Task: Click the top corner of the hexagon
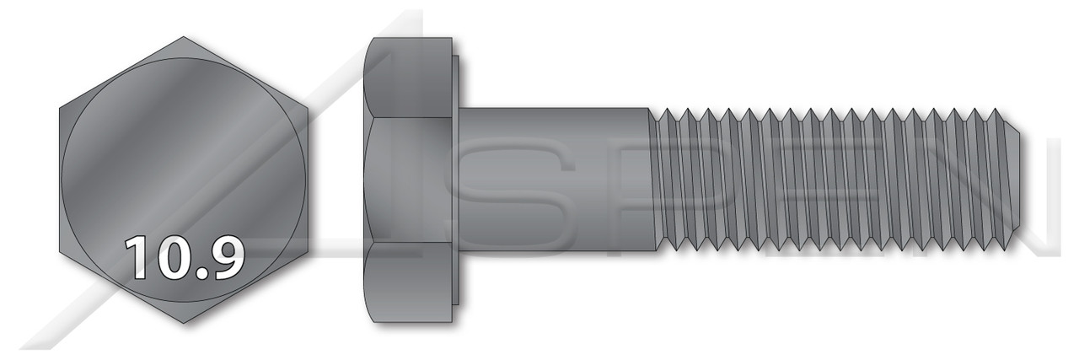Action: click(184, 36)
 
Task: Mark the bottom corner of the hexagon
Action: click(184, 323)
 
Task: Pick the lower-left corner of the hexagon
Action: click(60, 251)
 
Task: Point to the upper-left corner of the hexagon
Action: click(60, 108)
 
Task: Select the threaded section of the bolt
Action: click(826, 180)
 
